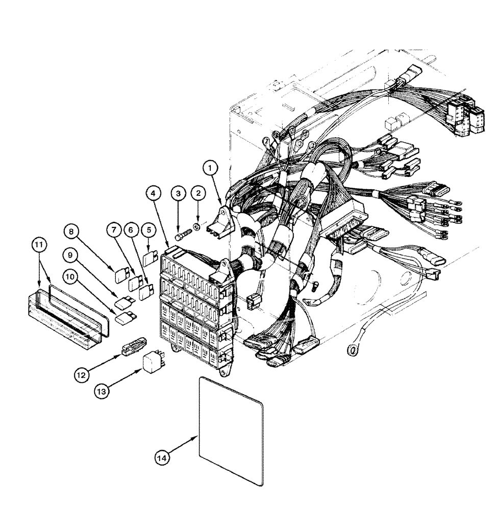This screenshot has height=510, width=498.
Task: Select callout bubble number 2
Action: coord(197,193)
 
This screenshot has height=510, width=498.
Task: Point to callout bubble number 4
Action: coord(156,194)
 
